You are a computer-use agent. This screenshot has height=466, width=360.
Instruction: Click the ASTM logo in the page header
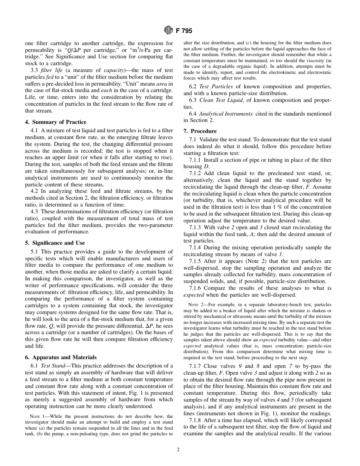coord(168,30)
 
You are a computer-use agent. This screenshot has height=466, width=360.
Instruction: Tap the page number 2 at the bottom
coord(178,450)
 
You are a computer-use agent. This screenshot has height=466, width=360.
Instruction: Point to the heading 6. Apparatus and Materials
coord(61,357)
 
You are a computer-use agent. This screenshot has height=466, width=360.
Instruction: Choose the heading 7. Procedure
coord(200,131)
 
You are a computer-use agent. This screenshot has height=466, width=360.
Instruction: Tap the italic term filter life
coord(52,70)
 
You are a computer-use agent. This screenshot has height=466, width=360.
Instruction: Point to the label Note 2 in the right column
coord(195,305)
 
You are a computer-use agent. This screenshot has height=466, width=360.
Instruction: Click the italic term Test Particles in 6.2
coord(216,86)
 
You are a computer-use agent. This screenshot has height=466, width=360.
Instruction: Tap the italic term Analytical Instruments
coord(226,114)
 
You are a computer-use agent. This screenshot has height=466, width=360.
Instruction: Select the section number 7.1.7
coord(196,366)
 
